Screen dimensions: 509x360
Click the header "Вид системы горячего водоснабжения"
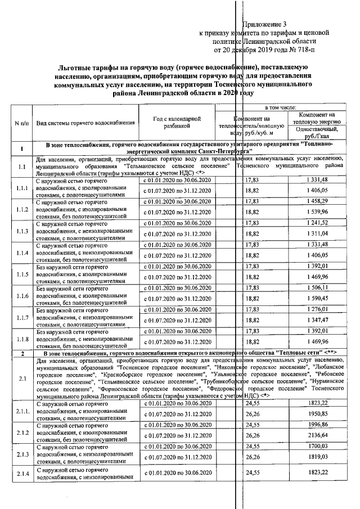[x=85, y=123]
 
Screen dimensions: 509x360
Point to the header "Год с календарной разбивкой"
[x=177, y=123]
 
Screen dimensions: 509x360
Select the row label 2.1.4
[x=21, y=473]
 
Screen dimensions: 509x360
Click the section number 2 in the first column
[x=21, y=353]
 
